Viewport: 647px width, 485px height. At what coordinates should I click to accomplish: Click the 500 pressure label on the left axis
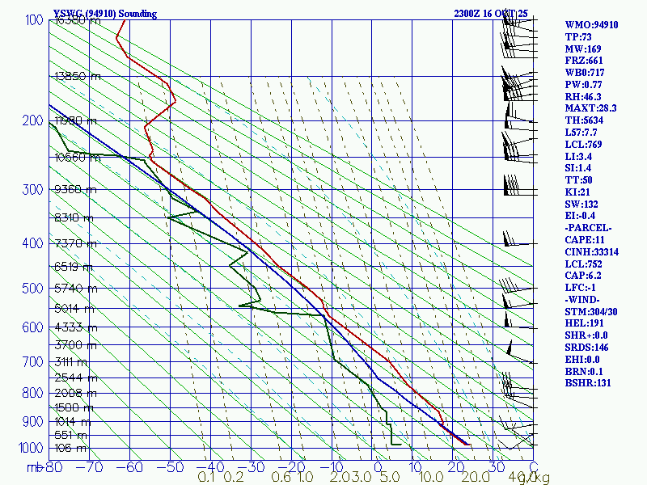33,289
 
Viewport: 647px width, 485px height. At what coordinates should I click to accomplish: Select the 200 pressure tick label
33,121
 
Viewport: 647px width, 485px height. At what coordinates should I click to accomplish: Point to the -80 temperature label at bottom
54,466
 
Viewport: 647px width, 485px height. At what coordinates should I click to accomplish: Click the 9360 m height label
78,190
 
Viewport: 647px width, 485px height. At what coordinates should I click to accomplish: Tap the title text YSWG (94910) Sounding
105,14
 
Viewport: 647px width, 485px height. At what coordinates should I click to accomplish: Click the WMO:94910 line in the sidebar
591,25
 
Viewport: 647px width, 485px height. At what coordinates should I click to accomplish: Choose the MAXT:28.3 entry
590,108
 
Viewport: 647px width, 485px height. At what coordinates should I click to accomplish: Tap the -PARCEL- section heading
588,228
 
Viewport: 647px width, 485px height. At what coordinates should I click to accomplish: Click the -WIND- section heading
584,300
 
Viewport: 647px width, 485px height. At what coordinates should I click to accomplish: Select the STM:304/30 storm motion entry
590,312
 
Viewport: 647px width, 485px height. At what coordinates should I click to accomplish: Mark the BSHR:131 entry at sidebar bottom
588,383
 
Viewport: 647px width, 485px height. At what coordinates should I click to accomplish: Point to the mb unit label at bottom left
34,466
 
